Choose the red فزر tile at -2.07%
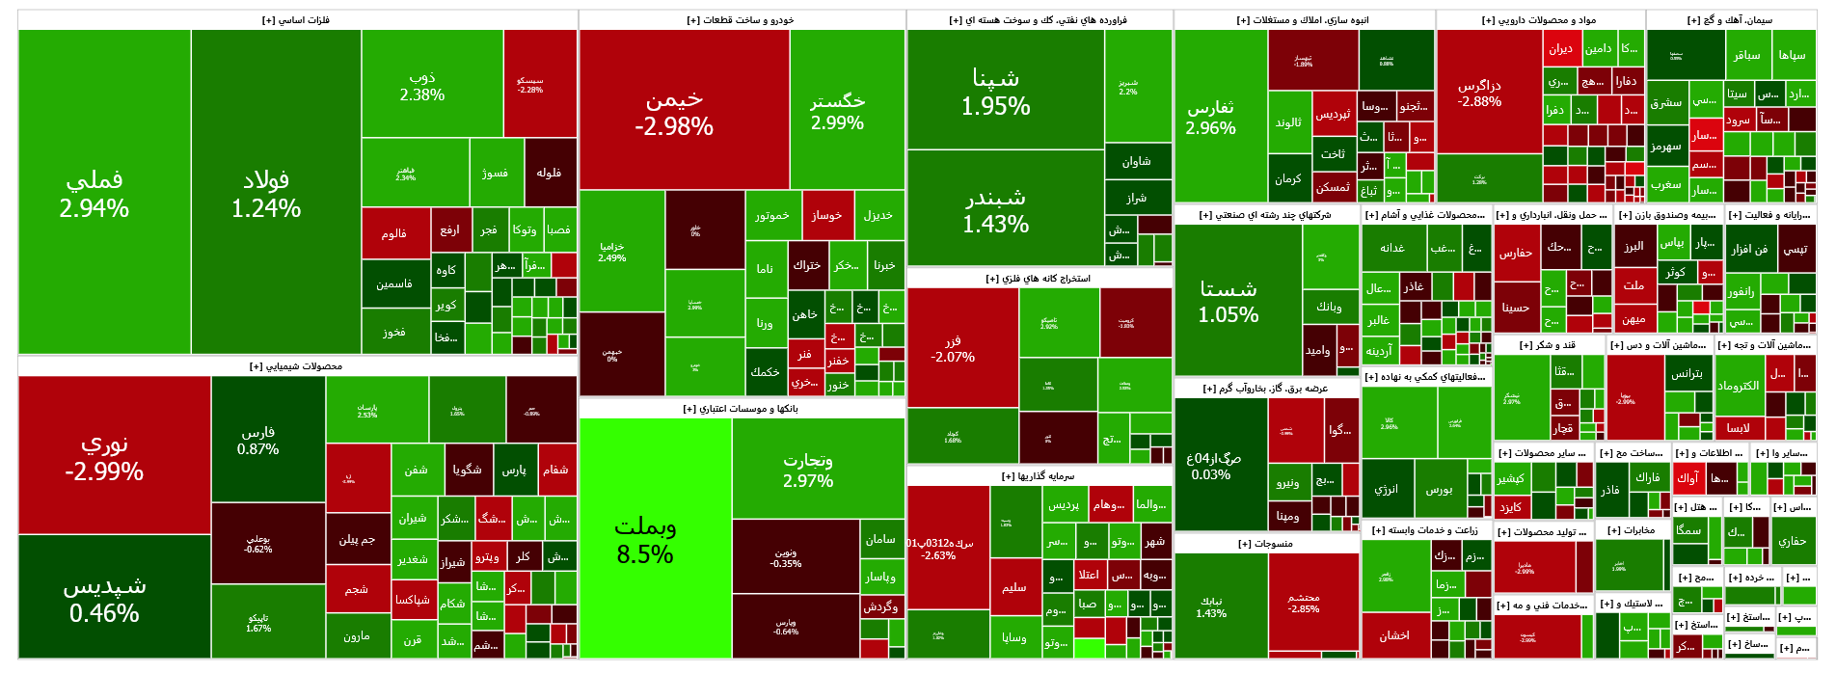[962, 348]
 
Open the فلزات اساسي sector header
[297, 20]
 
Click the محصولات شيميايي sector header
[297, 366]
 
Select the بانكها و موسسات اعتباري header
[742, 409]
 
